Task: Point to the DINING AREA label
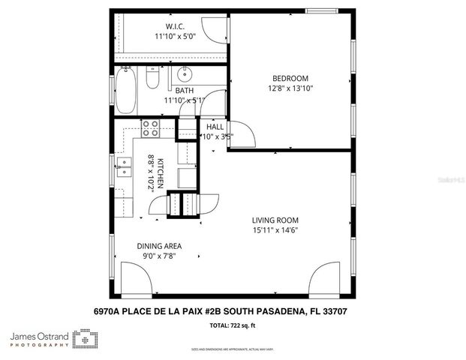[158, 245]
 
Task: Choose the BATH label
[184, 90]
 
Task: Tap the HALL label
[215, 126]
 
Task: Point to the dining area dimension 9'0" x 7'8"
[158, 256]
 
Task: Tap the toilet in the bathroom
[152, 78]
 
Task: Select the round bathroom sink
[185, 73]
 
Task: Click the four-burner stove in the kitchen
[150, 127]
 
